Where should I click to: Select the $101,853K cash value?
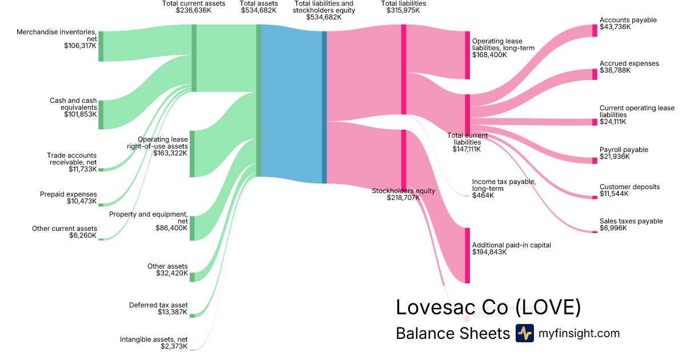click(x=80, y=114)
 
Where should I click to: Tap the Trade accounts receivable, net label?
click(x=71, y=159)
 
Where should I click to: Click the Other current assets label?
click(x=64, y=229)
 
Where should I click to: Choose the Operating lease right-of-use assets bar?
click(x=192, y=154)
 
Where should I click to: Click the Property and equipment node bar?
click(x=192, y=228)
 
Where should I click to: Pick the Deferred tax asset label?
click(x=158, y=305)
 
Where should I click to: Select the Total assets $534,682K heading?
click(x=259, y=7)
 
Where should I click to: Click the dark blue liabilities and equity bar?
click(x=324, y=107)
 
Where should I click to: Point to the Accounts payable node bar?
click(x=595, y=31)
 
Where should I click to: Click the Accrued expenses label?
click(x=629, y=63)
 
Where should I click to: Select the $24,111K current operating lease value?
click(x=613, y=122)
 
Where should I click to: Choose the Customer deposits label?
click(x=629, y=187)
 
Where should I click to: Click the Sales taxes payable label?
click(x=631, y=221)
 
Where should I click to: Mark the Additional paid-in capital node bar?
click(x=467, y=255)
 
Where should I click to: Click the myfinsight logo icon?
click(x=524, y=333)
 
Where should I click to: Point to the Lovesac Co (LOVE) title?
click(x=488, y=307)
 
